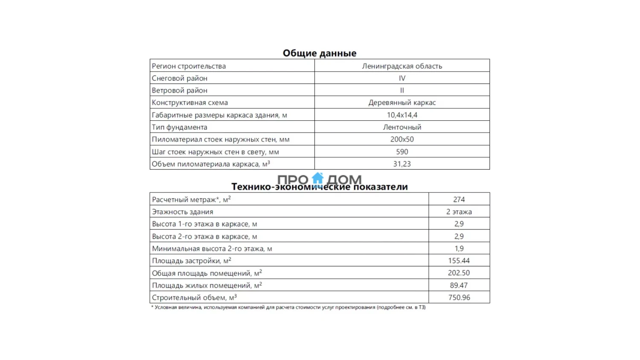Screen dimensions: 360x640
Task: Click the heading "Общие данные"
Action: coord(319,53)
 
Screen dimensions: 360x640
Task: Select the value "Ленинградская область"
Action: coord(402,66)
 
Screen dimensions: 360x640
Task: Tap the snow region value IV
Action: coord(402,78)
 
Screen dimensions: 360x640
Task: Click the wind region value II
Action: coord(402,90)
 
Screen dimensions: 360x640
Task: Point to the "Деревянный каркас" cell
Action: coord(402,103)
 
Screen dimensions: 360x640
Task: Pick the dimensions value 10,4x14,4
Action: coord(402,115)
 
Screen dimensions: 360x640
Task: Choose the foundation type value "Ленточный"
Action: coord(402,127)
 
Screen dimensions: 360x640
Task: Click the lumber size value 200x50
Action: coord(402,139)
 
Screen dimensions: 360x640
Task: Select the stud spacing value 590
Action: coord(402,152)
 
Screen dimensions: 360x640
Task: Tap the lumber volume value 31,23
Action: coord(402,164)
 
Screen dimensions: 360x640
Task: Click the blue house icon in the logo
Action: coord(318,178)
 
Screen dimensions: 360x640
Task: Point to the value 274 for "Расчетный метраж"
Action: coord(459,200)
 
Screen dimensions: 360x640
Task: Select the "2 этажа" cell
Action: coord(459,212)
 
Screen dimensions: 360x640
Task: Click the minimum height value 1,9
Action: coord(459,249)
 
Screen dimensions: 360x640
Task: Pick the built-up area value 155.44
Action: coord(459,261)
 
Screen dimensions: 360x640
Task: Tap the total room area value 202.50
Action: coord(459,273)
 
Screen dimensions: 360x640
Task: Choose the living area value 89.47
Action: coord(459,285)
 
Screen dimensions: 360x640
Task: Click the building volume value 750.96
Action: coord(459,298)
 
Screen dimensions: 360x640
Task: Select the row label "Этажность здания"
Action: coord(183,212)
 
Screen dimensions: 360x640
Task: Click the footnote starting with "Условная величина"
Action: coord(288,308)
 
